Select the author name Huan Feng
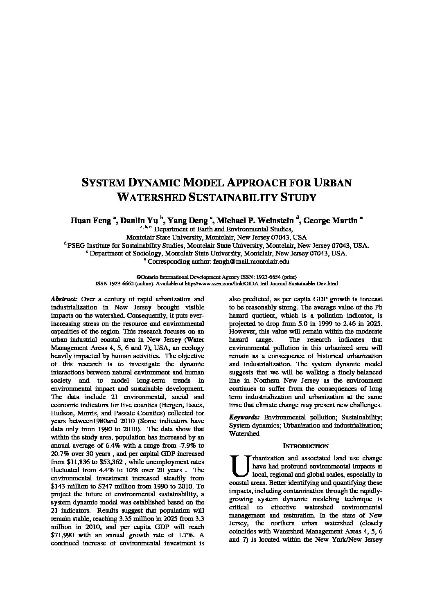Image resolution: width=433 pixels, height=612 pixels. [91, 221]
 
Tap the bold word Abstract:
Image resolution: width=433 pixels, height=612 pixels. [64, 299]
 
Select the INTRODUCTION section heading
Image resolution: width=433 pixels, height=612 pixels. [306, 446]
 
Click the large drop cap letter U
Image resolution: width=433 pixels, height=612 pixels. [239, 466]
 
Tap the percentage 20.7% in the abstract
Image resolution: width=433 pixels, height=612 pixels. [61, 454]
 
